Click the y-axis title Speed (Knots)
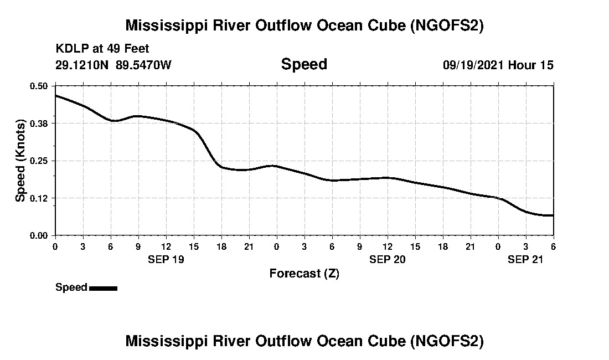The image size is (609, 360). click(20, 161)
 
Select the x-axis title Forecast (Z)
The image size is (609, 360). click(304, 274)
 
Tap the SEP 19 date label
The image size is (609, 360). click(166, 259)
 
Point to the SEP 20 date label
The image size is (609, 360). click(387, 259)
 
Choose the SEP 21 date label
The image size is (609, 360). click(525, 259)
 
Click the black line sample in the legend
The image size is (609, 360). click(103, 288)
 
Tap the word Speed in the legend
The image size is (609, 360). click(71, 287)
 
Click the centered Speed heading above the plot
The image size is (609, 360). click(304, 64)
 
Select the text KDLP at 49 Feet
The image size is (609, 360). click(102, 49)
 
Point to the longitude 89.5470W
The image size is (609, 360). click(144, 65)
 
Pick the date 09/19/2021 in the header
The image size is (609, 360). click(473, 65)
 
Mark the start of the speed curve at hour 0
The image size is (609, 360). click(55, 95)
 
